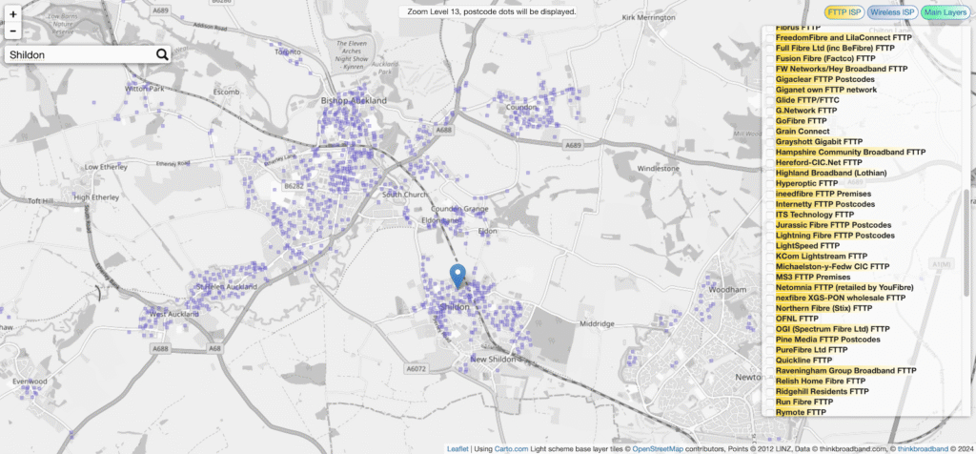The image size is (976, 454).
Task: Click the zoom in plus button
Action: [x=13, y=14]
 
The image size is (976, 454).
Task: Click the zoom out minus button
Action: [x=13, y=31]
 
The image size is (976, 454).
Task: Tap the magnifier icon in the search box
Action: [x=162, y=55]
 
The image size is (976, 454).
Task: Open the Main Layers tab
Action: [x=945, y=12]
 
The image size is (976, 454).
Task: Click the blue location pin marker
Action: [x=457, y=277]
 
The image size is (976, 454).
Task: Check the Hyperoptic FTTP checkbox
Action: [x=769, y=183]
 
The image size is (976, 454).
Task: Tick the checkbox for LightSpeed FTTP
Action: [x=769, y=246]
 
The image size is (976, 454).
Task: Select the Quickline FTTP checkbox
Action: [x=769, y=361]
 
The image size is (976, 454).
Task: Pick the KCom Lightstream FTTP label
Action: [x=822, y=257]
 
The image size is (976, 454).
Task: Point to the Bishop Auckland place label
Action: [x=355, y=100]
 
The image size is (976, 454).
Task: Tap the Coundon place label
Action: [x=522, y=108]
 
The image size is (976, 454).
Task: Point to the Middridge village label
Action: [x=597, y=324]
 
